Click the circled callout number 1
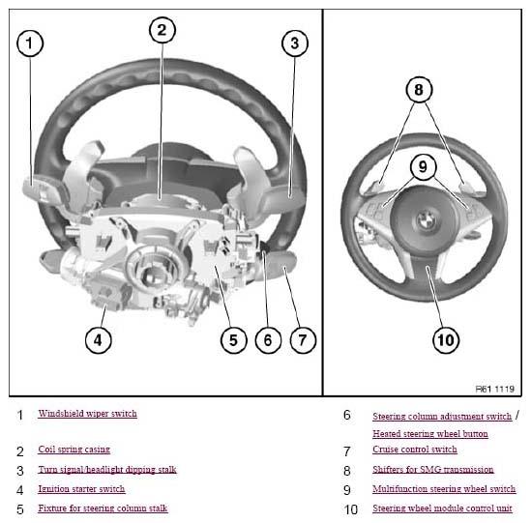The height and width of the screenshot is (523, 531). [x=30, y=44]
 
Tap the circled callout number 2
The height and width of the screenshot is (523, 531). [x=162, y=30]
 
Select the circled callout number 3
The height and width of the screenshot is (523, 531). [x=295, y=44]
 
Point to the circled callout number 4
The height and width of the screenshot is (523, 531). [x=99, y=340]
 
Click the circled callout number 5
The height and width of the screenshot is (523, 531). [x=233, y=340]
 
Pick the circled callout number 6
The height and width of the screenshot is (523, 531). [x=268, y=340]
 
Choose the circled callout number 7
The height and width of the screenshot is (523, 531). [x=303, y=340]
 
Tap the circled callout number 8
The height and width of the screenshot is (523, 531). [x=419, y=90]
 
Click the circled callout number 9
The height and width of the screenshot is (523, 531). [x=423, y=167]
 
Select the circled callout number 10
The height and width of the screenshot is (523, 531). [x=446, y=340]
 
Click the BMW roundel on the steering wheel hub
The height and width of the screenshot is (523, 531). [x=425, y=220]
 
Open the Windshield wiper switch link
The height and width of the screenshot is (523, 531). [x=87, y=414]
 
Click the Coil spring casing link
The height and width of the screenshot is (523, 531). [x=74, y=450]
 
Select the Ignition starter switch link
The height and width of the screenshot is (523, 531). [x=81, y=489]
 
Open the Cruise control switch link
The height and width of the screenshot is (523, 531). [x=415, y=450]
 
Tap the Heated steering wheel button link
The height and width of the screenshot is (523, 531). [x=430, y=434]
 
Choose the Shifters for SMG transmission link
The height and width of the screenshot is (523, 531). [x=432, y=469]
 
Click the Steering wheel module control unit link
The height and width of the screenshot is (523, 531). [x=442, y=508]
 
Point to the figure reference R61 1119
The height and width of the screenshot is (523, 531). [x=495, y=389]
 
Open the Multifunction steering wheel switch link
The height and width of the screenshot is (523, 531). [x=444, y=489]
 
